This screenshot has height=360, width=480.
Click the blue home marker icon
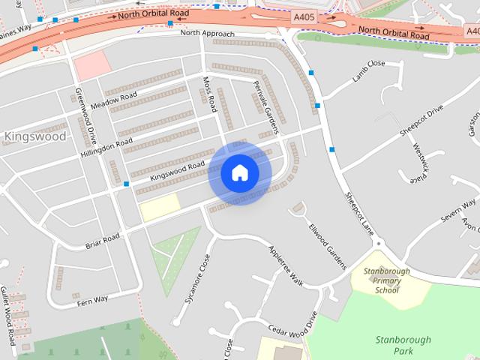[x=240, y=173]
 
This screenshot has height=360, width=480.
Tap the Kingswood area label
[x=34, y=136]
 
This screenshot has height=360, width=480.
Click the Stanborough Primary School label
[x=387, y=280]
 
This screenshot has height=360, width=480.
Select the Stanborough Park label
[x=403, y=345]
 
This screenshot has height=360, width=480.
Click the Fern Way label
[x=92, y=298]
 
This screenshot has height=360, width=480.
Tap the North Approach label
[x=207, y=34]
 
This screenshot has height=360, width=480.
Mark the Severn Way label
[x=458, y=208]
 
